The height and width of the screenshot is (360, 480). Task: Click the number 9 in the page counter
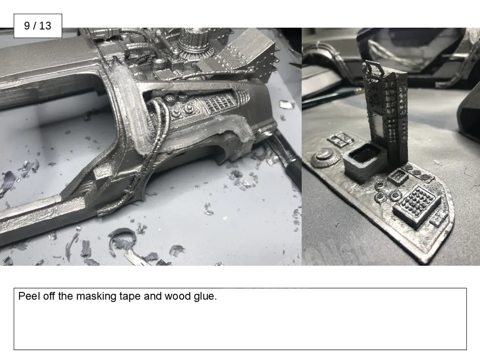pos(27,26)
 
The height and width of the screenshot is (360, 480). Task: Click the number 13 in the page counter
pos(45,26)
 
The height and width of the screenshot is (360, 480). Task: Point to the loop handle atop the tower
pos(374,67)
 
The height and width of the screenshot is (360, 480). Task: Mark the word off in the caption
pos(49,296)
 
